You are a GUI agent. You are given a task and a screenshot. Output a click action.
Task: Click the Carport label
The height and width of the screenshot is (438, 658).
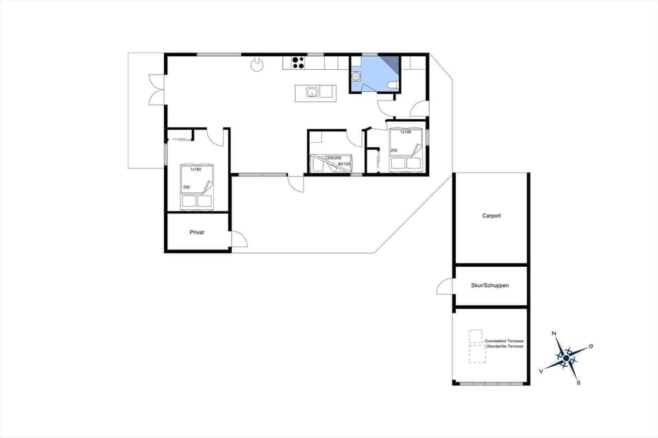(491, 216)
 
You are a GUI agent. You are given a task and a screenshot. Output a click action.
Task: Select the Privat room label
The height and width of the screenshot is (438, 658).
(197, 232)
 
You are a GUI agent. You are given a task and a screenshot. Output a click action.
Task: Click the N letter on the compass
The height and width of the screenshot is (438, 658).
(554, 334)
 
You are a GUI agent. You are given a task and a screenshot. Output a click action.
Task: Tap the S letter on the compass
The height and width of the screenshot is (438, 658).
(578, 383)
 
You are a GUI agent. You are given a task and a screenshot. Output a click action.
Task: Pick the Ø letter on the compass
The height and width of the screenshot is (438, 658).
(591, 346)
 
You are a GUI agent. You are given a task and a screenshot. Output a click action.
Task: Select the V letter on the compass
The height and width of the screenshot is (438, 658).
(541, 370)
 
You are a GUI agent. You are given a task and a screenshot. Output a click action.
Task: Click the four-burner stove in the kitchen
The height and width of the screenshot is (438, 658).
(297, 63)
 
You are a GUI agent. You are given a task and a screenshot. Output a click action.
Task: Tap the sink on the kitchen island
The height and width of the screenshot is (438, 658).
(312, 92)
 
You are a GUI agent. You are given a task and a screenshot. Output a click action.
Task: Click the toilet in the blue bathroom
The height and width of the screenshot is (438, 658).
(392, 84)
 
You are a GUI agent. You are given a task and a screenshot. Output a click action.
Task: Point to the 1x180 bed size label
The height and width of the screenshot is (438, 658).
(195, 169)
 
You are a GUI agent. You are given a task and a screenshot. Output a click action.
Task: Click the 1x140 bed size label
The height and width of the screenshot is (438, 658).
(406, 132)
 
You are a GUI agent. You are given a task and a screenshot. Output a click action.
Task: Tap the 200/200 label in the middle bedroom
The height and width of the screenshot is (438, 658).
(333, 158)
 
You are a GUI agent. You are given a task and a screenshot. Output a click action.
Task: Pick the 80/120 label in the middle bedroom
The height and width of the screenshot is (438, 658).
(344, 164)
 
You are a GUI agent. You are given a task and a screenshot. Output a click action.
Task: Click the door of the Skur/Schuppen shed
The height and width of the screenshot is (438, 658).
(444, 287)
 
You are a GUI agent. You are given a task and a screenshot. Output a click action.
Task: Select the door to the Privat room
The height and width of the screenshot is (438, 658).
(239, 239)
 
